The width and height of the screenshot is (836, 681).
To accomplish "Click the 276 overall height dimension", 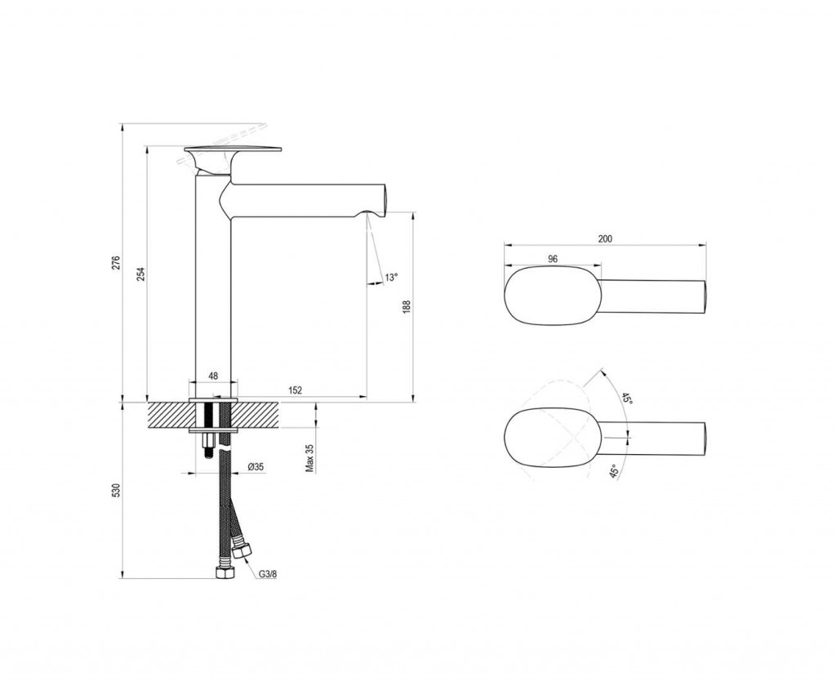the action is (117, 264).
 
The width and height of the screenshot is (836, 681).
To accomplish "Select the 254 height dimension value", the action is (140, 274).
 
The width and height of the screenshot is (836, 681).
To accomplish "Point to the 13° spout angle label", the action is (392, 278).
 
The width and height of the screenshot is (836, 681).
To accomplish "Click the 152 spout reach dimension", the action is (295, 390).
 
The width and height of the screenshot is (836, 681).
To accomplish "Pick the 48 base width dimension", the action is (213, 376).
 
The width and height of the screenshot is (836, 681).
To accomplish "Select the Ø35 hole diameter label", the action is (256, 466).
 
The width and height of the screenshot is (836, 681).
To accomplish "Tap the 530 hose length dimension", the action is (117, 491).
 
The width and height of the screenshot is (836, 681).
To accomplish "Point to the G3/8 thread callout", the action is (268, 574).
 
